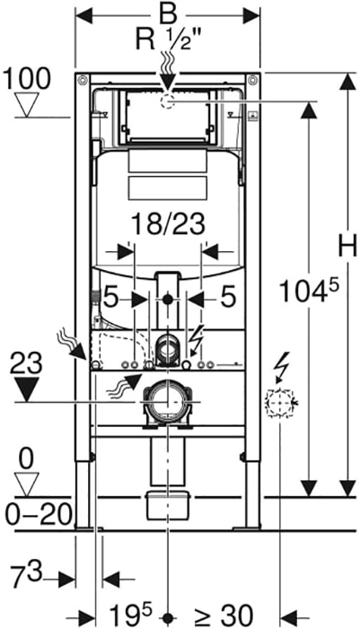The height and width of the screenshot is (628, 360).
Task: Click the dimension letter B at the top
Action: pos(168,16)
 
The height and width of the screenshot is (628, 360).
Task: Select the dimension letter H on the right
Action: pos(347,245)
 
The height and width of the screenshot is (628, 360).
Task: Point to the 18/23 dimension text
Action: pos(168,224)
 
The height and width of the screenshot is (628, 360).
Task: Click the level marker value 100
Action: pos(26,79)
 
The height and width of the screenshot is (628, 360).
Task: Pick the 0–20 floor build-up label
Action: pos(39,515)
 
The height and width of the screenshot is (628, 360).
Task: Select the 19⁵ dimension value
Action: pos(131,613)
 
